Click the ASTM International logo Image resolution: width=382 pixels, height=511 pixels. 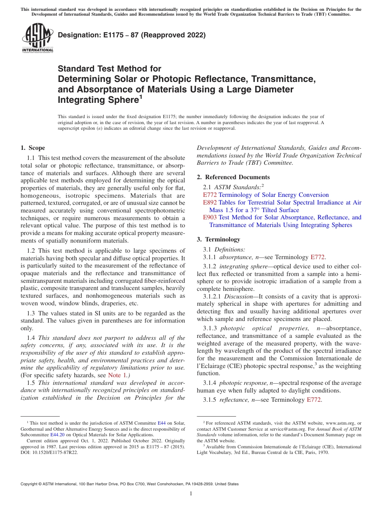[37, 38]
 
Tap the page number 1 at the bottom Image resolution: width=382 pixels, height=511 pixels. [191, 493]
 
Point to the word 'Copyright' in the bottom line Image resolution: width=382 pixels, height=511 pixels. [29, 484]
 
